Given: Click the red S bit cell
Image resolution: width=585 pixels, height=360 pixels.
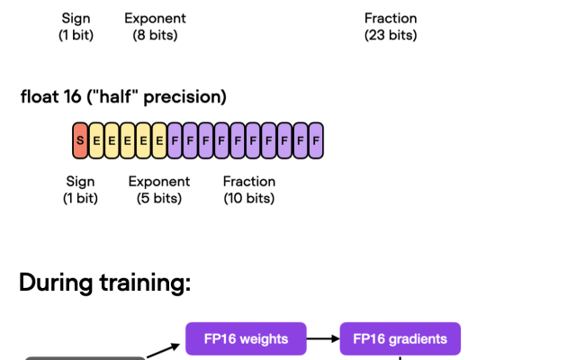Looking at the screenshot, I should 80,140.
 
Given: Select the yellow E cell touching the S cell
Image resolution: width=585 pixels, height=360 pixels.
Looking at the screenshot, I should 95,140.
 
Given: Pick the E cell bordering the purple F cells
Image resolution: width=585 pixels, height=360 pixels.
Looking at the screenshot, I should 158,140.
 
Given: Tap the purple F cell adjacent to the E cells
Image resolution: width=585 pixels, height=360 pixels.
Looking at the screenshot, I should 175,140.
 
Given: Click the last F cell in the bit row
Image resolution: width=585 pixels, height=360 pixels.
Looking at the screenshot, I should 315,140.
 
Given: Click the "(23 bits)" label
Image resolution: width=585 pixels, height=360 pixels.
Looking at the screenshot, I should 391,35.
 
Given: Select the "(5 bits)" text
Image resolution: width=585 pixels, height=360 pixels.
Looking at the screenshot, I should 158,198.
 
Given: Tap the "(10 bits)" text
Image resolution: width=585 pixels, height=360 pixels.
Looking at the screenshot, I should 249,198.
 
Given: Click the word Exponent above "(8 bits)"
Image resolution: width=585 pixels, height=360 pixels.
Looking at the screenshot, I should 155,18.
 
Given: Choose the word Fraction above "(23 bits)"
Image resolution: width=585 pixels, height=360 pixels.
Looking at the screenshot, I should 391,18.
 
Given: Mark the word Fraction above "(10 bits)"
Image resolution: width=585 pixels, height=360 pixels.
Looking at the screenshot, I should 249,181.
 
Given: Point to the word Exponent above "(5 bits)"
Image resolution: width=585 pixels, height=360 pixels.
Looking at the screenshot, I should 159,181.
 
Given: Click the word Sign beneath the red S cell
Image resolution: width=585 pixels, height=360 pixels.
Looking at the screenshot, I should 80,181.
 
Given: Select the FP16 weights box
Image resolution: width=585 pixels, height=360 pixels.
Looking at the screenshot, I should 246,339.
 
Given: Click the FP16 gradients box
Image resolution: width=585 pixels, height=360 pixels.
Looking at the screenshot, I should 400,339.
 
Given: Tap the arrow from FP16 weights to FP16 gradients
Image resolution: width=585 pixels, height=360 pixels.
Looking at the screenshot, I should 322,339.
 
